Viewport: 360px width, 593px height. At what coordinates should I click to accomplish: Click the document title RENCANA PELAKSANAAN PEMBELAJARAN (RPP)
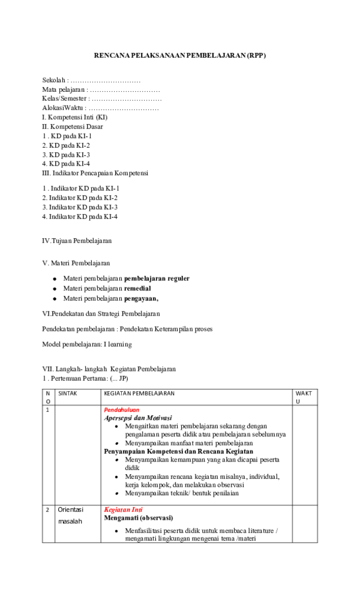(179, 56)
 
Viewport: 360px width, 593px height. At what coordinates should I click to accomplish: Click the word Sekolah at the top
(53, 80)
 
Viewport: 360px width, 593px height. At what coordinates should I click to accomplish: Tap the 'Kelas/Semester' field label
(65, 98)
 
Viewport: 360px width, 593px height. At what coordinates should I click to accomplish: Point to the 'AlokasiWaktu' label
(64, 108)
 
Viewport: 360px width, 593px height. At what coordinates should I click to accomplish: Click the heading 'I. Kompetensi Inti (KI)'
(74, 117)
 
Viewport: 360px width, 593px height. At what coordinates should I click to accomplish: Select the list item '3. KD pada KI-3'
(66, 154)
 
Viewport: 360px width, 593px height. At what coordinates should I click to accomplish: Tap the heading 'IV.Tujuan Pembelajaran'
(77, 241)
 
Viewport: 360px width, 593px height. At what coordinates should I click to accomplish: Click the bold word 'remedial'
(137, 288)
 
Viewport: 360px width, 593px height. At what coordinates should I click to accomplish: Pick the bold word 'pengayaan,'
(141, 298)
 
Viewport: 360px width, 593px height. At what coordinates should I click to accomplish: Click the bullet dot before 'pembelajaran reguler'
(55, 279)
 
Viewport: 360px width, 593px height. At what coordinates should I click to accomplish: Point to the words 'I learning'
(118, 345)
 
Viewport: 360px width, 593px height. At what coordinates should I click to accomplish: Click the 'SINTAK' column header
(68, 394)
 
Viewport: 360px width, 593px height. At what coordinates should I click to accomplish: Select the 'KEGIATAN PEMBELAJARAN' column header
(139, 394)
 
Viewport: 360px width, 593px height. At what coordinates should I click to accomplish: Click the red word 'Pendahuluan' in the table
(121, 409)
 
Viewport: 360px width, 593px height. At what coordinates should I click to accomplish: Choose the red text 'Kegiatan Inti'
(123, 510)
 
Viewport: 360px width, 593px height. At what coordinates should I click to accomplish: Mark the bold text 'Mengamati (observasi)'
(138, 517)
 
